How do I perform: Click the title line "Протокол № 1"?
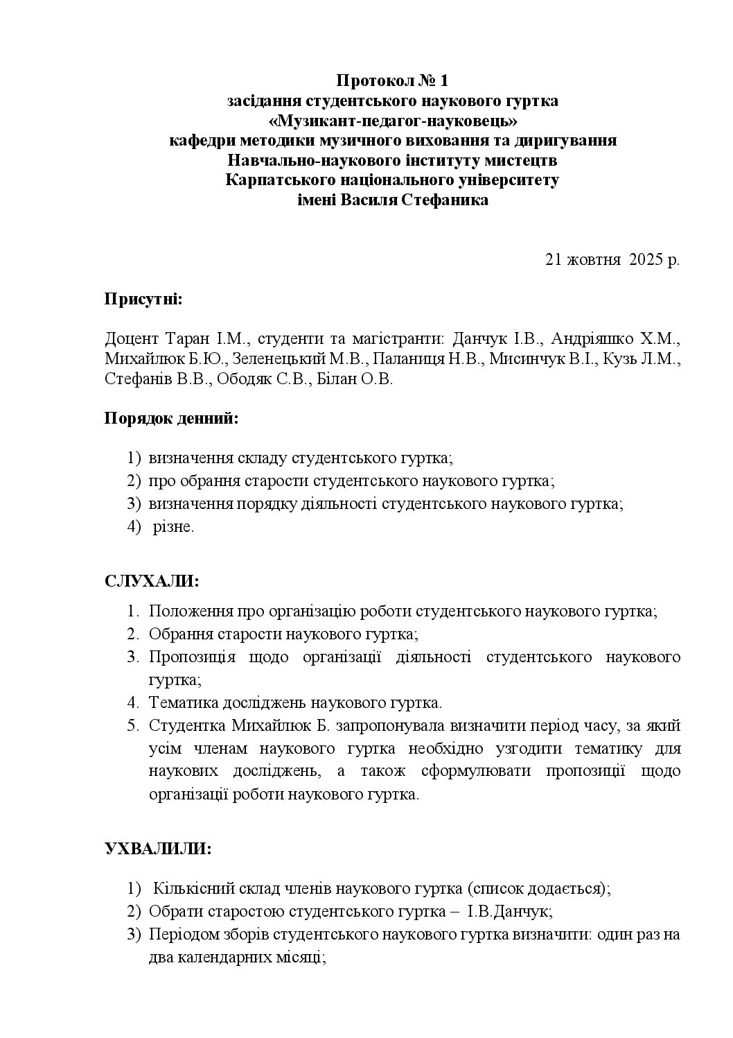coord(393,81)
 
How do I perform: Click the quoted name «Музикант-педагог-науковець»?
coord(393,121)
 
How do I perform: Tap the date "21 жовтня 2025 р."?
coord(612,260)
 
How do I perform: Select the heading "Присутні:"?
coord(143,300)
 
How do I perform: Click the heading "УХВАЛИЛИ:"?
coord(158,848)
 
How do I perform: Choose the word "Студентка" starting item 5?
coord(186,726)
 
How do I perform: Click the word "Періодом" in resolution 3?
coord(179,934)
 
